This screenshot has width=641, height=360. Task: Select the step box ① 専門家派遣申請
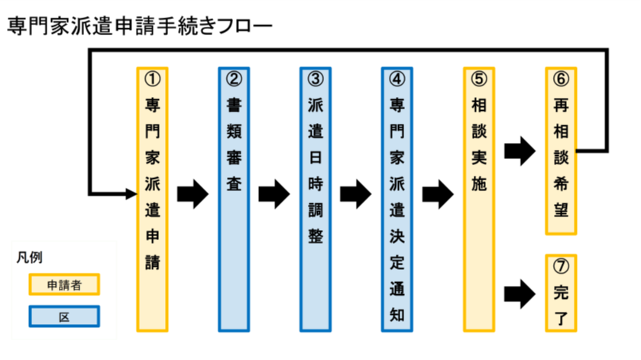(x=152, y=199)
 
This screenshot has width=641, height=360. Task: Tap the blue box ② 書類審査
(x=234, y=199)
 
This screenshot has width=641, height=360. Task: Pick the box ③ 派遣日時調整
(x=316, y=199)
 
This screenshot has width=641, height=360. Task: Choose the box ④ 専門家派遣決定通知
(x=397, y=199)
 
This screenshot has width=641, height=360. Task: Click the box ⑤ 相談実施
(x=479, y=199)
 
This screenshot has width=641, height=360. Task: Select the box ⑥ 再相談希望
(x=561, y=151)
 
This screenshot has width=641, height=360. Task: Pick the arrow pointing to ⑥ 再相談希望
(x=520, y=151)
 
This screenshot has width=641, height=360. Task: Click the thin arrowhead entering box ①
(x=130, y=193)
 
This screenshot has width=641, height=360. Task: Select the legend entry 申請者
(x=64, y=284)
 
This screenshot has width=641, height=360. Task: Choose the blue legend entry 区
(x=64, y=315)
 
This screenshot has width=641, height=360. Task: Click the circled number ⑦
(x=561, y=265)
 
